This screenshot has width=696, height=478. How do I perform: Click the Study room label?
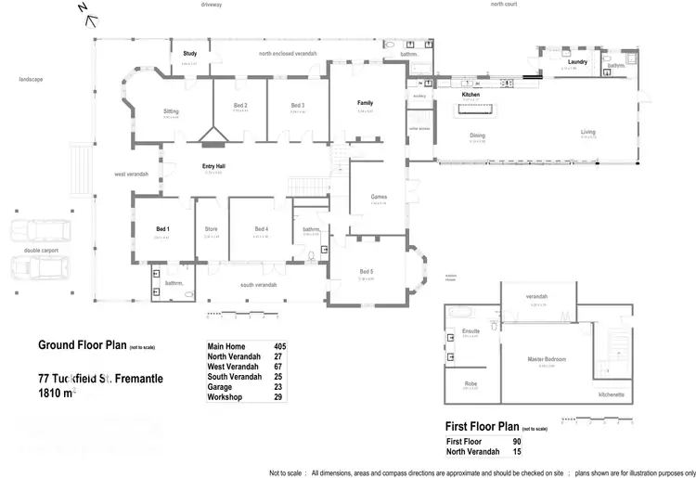190,54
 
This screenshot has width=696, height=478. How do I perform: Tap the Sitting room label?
170,111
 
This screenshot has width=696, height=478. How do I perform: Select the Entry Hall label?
215,166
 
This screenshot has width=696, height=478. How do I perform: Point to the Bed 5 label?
367,272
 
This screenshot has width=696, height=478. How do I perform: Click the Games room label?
379,197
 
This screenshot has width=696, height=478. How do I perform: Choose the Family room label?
365,103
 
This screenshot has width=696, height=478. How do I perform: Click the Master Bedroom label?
548,359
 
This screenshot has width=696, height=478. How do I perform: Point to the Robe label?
470,382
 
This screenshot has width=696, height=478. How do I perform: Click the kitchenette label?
611,394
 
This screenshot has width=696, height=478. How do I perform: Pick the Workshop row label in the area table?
224,397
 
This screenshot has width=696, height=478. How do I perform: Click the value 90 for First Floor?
517,441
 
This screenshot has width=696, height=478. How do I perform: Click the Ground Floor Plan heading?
82,345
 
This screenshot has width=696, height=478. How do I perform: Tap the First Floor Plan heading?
483,426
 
